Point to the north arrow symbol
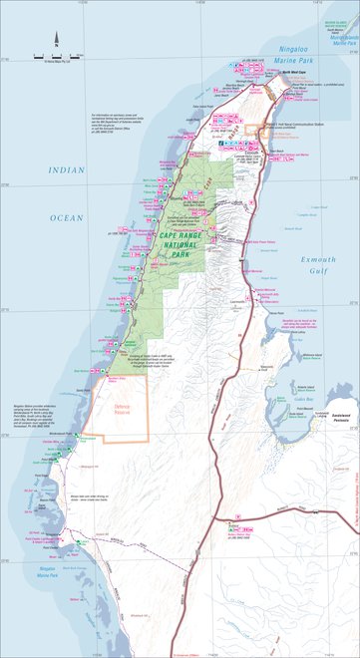point(57,41)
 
